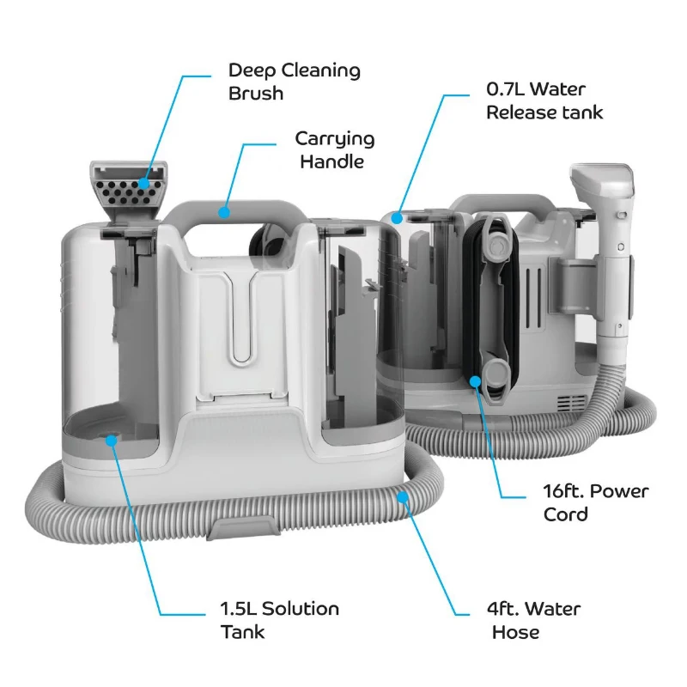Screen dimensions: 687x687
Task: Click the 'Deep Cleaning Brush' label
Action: [x=294, y=81]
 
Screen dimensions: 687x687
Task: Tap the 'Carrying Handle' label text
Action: [x=335, y=149]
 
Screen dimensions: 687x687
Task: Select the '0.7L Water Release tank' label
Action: [x=544, y=100]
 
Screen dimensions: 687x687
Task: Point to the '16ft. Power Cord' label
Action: [x=595, y=502]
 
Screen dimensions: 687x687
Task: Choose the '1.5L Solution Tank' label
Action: [x=278, y=620]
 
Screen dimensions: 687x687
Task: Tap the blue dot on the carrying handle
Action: [x=225, y=211]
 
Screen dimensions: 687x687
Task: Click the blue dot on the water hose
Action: [x=400, y=495]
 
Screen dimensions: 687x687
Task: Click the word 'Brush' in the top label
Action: [x=256, y=93]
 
